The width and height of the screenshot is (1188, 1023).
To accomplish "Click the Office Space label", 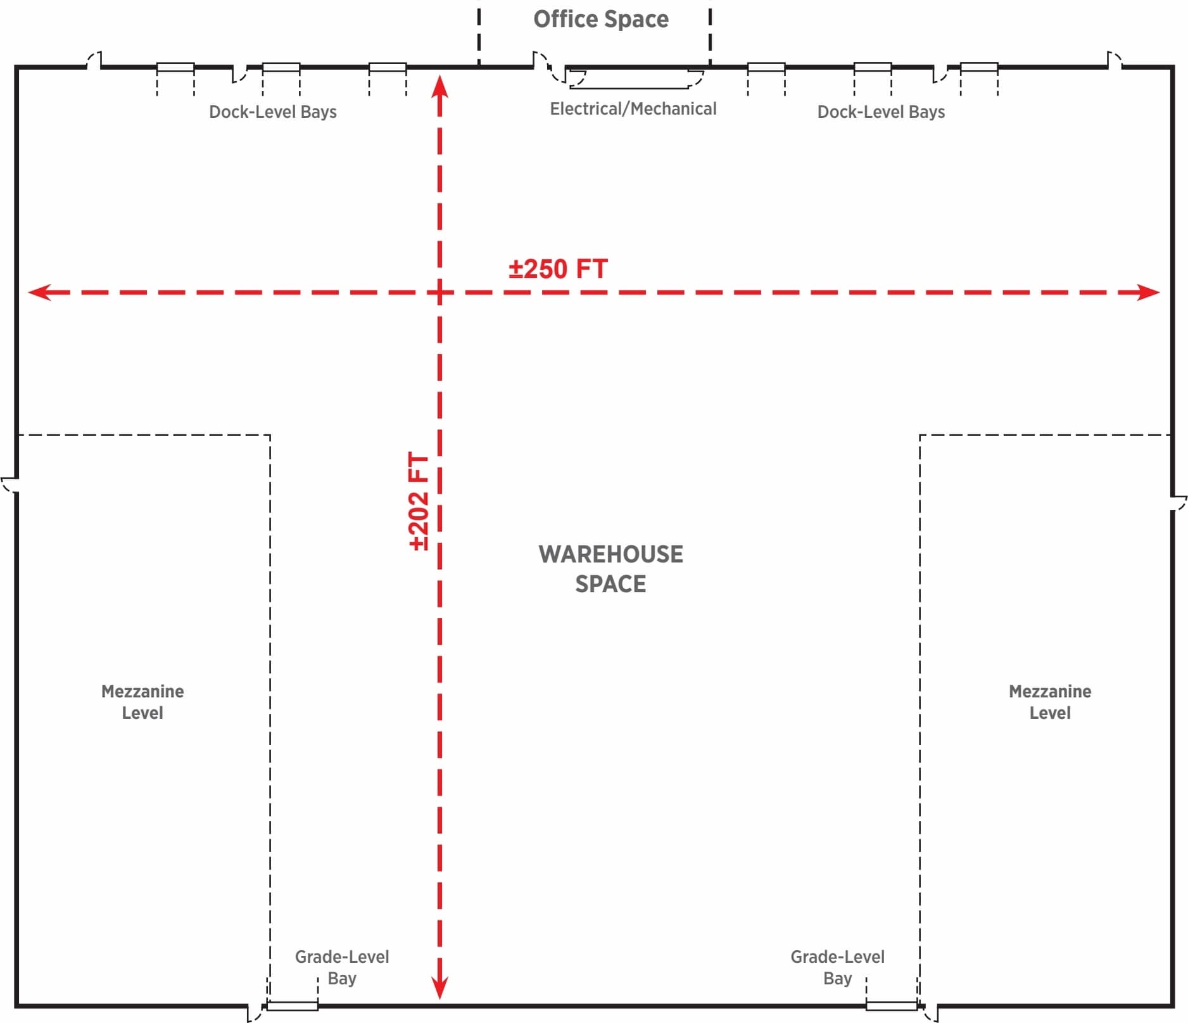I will [x=600, y=20].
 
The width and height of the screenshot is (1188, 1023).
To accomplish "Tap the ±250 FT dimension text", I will [x=558, y=269].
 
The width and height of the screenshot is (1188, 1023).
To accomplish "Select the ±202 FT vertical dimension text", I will [x=419, y=501].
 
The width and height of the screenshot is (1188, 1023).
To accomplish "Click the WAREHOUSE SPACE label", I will [x=610, y=569].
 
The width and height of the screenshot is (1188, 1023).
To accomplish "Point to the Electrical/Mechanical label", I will [x=633, y=109].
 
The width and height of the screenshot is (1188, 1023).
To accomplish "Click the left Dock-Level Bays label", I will [x=272, y=112].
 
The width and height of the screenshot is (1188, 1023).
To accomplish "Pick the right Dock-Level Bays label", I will [x=880, y=112].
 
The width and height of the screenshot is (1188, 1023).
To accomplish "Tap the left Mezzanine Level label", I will [x=142, y=702].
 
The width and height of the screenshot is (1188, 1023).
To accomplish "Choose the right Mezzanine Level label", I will [x=1049, y=702].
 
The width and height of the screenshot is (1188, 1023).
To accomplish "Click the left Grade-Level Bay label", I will [x=342, y=967].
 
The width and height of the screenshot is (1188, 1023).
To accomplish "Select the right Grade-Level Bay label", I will [x=837, y=967].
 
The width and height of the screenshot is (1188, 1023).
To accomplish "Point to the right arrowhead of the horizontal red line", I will [x=1150, y=292].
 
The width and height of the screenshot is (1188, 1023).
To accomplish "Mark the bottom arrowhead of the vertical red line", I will [x=439, y=989].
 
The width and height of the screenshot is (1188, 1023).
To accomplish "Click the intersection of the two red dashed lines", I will [x=439, y=292].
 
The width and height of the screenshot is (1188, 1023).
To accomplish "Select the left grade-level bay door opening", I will [x=292, y=1005].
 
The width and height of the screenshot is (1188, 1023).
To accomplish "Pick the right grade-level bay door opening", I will [x=891, y=1005].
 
